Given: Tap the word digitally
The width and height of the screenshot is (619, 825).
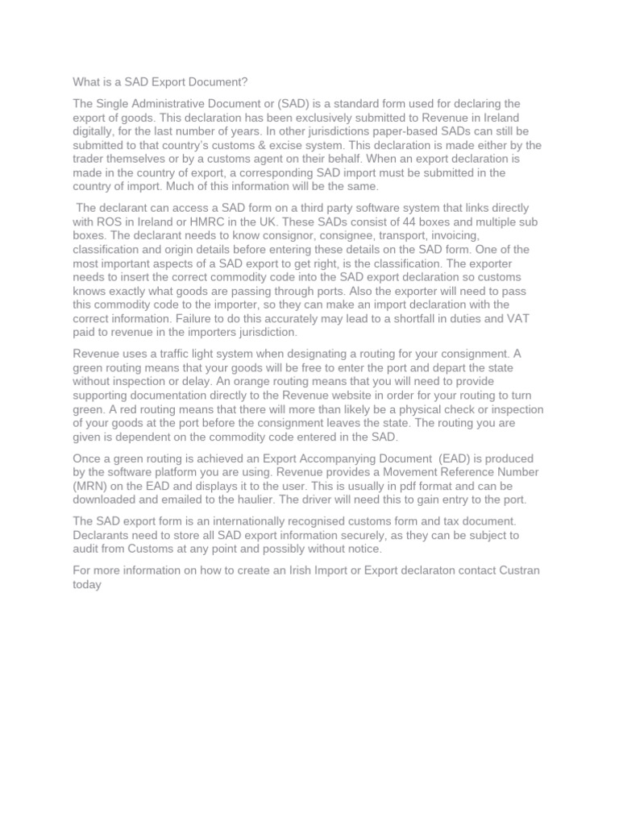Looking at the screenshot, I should click(96, 131).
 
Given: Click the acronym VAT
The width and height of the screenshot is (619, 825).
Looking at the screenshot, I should click(517, 318).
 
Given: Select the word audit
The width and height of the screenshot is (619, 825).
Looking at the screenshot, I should click(88, 549).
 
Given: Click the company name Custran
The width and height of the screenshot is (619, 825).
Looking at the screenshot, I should click(520, 570).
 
